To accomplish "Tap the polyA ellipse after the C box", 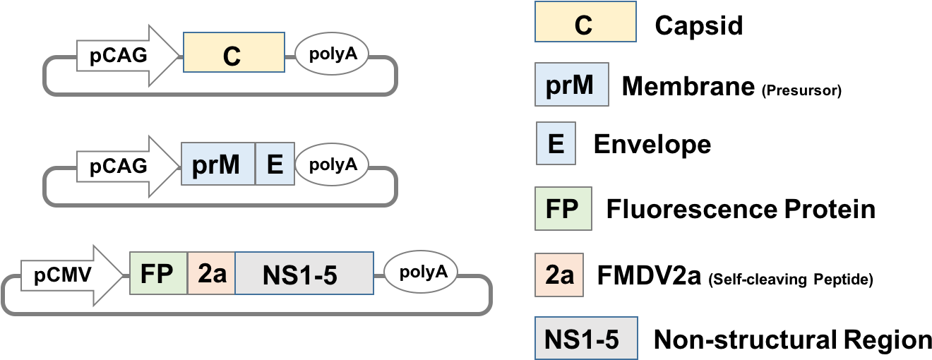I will (x=331, y=54).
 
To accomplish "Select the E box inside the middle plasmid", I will (x=274, y=165).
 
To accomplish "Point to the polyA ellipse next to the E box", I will (x=331, y=164).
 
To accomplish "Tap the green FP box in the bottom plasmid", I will (x=158, y=273).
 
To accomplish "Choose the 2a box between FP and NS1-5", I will (x=211, y=273).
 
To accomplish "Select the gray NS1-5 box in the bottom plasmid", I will (x=303, y=273).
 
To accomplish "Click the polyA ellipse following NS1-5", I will (x=420, y=272).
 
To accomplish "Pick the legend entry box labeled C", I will (x=585, y=22).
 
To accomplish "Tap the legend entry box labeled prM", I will (x=571, y=87).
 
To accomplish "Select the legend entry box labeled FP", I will (x=563, y=208).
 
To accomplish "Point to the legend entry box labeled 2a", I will (x=558, y=274).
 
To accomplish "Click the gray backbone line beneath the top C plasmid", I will (x=219, y=94).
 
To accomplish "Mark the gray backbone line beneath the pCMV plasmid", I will (x=247, y=313).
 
